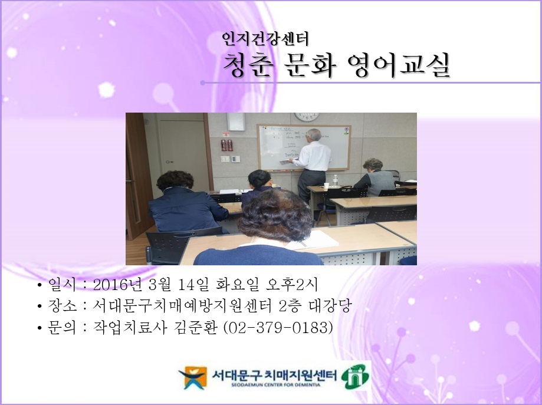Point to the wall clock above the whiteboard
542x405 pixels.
(x=306, y=117)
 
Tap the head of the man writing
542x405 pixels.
(x=313, y=134)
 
